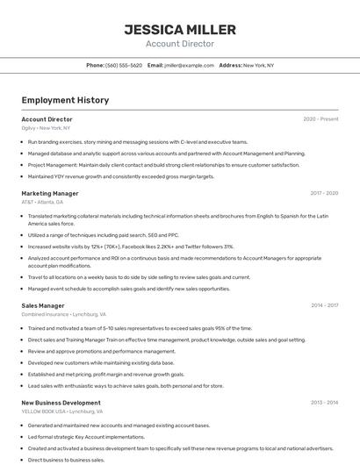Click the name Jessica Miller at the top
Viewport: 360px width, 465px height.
[x=179, y=29]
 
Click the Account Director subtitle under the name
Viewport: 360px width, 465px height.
[x=179, y=44]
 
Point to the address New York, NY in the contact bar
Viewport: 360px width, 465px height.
[x=258, y=65]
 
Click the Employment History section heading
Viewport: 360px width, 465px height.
[x=65, y=100]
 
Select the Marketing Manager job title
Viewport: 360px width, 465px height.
[x=50, y=193]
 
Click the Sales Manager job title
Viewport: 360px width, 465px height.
[x=43, y=305]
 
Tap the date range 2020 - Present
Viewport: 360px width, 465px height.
[x=320, y=119]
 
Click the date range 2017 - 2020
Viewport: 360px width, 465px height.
[x=324, y=193]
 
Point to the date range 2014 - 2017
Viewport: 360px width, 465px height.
[x=324, y=305]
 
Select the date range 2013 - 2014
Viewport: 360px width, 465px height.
[x=324, y=403]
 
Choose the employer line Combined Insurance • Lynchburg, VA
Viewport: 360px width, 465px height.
[x=63, y=314]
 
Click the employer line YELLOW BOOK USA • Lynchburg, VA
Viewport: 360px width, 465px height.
[x=61, y=411]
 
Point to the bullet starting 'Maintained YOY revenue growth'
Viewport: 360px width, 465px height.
[x=120, y=176]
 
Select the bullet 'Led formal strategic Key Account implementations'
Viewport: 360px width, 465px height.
[x=86, y=436]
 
